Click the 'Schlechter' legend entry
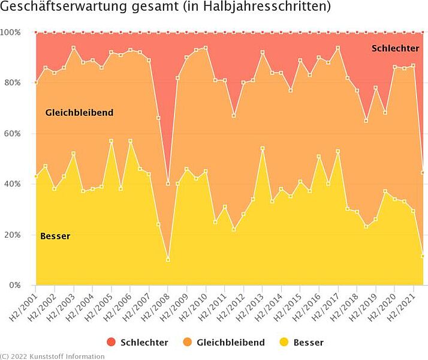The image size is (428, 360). coord(144,343)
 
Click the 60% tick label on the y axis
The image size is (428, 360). coord(13,133)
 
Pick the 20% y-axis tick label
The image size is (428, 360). coord(13,235)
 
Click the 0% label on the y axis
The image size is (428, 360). coord(14,285)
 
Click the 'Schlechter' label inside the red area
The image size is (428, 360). coord(395,48)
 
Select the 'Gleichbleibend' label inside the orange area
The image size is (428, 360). coord(79,113)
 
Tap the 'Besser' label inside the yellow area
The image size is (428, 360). coord(55,236)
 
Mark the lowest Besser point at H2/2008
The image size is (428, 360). coord(168,260)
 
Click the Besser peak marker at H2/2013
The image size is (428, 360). coord(263,148)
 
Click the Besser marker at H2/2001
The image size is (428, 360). coord(36,176)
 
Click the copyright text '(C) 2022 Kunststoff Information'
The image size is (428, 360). coord(52,356)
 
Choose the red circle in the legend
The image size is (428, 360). coord(111,343)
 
